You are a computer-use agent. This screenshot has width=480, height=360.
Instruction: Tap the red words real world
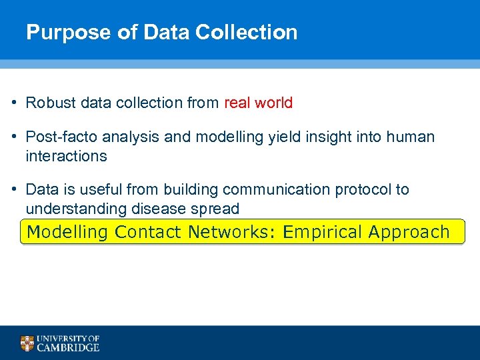tap(259, 103)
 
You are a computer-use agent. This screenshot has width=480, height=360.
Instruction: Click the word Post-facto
tap(57, 137)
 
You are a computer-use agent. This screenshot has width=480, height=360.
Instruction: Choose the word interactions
tap(66, 156)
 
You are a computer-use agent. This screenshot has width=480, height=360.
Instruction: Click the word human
tap(410, 137)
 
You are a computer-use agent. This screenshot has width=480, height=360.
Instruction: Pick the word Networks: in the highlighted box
tap(233, 232)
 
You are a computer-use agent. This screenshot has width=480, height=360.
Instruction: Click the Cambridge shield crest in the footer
tap(27, 343)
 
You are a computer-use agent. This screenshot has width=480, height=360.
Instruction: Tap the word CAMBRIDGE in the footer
tap(68, 347)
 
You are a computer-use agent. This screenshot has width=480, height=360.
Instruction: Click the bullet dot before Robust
tap(14, 103)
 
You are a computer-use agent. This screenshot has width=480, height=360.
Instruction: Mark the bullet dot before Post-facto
tap(14, 137)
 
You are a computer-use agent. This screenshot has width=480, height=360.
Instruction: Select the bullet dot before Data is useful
tap(14, 189)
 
